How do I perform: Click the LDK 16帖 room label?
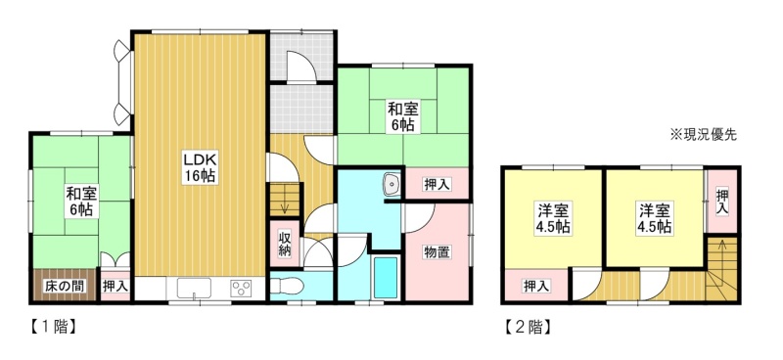click(x=200, y=168)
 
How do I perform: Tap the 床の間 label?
click(x=65, y=287)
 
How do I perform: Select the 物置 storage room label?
click(x=438, y=252)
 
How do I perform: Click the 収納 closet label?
click(x=285, y=245)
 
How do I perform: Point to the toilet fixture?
click(x=287, y=287)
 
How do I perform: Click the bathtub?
click(x=386, y=277)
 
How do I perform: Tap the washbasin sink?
click(x=392, y=185)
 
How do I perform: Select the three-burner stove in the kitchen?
click(x=241, y=289)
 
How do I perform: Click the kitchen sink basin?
click(x=194, y=289)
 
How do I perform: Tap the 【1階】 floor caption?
click(x=51, y=327)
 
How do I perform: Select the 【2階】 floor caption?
click(x=528, y=327)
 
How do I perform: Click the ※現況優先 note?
click(x=704, y=135)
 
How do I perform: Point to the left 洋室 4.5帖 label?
click(x=553, y=218)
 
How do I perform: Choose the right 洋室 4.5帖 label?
click(x=653, y=218)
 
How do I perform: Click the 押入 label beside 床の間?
click(x=115, y=287)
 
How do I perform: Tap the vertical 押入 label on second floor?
click(x=722, y=202)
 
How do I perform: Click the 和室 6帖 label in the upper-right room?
click(x=402, y=116)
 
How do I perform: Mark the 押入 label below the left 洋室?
click(x=536, y=286)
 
